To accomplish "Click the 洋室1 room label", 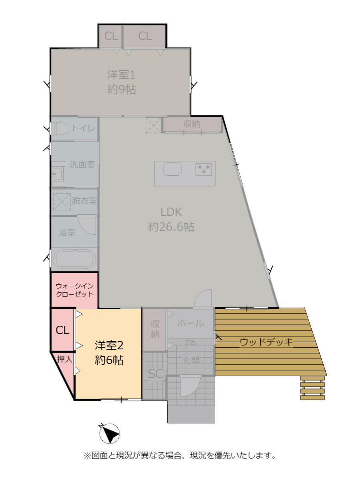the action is (x=121, y=75).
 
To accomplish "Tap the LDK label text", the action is (x=171, y=212).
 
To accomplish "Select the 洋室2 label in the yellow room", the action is (x=109, y=345).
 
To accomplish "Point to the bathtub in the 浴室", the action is (x=74, y=259).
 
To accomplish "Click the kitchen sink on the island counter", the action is (x=172, y=169).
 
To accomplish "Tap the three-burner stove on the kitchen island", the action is (x=204, y=169).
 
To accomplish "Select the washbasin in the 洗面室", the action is (x=58, y=174).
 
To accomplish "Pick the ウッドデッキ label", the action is (x=266, y=342).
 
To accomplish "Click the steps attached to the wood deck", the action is (x=312, y=388).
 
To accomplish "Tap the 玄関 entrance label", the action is (x=191, y=360).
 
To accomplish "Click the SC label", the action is (x=156, y=374).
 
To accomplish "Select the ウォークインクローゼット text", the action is (x=75, y=290).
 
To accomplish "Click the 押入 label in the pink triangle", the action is (x=65, y=359).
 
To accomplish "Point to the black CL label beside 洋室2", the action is (x=62, y=330).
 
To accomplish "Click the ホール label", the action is (x=190, y=323).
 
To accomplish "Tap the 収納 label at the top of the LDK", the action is (x=192, y=124).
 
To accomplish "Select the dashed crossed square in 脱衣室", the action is (x=62, y=202).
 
